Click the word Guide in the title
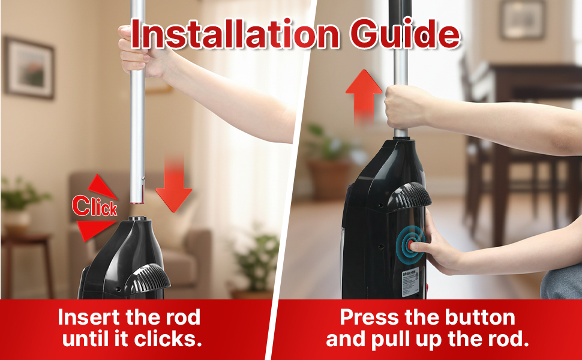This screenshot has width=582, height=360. pos(406,35)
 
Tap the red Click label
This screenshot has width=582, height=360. pos(95,206)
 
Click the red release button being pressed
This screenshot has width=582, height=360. pos(411,245)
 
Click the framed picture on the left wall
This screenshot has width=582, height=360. pos(29,68)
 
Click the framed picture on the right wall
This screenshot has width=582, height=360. pos(523,20)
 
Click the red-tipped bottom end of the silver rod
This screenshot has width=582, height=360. pos(137,202)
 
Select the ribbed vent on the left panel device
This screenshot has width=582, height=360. pos(148,276)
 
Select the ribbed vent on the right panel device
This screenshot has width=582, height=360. pos(408,196)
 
